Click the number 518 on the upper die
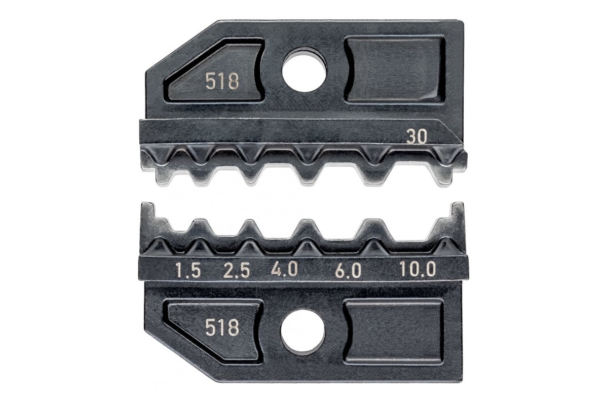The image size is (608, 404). click(222, 82)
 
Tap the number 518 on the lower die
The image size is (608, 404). click(222, 327)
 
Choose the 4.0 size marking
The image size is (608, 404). click(285, 270)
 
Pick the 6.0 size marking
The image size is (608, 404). click(349, 270)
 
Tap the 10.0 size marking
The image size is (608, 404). click(418, 269)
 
